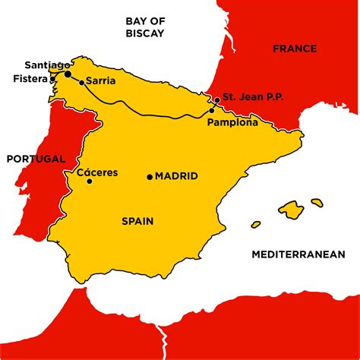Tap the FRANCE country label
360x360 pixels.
pos(294,49)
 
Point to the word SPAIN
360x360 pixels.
pos(137,222)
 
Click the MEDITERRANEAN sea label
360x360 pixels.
pos(298,254)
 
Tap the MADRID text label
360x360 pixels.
pos(176,176)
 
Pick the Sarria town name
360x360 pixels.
pos(101,80)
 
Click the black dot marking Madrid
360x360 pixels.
pos(150,176)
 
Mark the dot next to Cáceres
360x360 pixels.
pos(90,182)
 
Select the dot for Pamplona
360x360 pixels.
pos(211,112)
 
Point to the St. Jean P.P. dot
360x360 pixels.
pos(216,99)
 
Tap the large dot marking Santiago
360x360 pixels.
pos(68,74)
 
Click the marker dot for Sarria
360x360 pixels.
pos(81,81)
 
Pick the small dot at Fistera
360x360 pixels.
pos(52,78)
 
